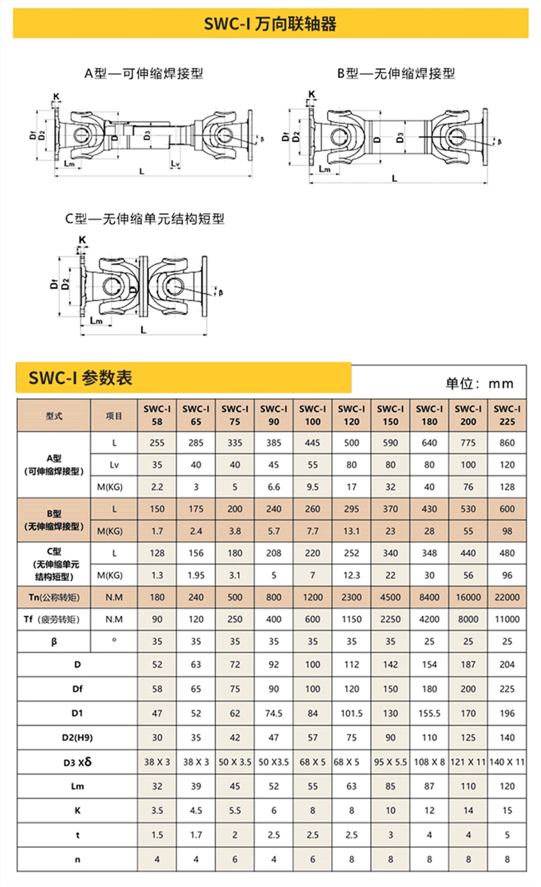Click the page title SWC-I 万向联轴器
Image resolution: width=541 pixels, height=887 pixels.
(x=270, y=25)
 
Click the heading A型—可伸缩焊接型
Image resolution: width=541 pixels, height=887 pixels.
(x=144, y=74)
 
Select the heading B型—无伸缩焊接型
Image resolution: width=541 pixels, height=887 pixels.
(x=396, y=74)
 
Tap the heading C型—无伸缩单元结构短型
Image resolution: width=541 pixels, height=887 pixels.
(x=145, y=219)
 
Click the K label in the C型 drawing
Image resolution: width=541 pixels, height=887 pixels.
(x=82, y=240)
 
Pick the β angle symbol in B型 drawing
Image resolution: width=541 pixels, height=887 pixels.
(x=500, y=143)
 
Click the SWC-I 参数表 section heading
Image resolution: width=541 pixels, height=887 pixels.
(x=80, y=378)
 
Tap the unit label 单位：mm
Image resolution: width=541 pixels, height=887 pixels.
(x=479, y=383)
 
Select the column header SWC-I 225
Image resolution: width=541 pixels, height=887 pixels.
(x=507, y=415)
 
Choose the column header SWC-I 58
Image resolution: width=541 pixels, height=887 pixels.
(x=157, y=415)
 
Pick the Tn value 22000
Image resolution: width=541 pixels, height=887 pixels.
(x=507, y=597)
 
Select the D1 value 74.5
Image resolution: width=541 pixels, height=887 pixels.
(x=274, y=713)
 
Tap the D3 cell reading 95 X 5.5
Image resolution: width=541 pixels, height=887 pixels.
(x=390, y=762)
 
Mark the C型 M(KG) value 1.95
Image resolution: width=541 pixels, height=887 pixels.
(x=196, y=575)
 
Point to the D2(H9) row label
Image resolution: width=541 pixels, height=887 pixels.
(x=77, y=737)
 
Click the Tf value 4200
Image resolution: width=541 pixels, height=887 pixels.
(x=429, y=619)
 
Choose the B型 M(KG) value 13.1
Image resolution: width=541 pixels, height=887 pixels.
(x=352, y=531)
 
